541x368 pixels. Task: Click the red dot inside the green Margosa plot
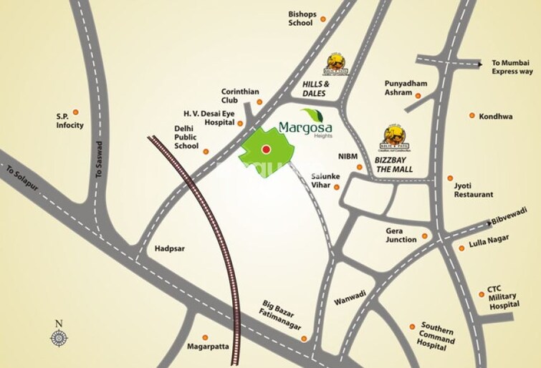click(266, 150)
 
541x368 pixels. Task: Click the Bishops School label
click(301, 19)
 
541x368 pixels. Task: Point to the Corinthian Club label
click(240, 96)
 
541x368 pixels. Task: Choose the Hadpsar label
click(169, 248)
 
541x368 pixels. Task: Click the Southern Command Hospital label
click(438, 336)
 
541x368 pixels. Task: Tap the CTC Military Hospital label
click(503, 296)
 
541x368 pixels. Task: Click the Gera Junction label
click(401, 236)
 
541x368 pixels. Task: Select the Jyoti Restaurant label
click(473, 190)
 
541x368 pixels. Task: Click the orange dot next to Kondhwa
click(472, 115)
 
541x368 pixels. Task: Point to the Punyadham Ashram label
click(406, 88)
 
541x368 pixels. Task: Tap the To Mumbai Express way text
click(512, 67)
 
